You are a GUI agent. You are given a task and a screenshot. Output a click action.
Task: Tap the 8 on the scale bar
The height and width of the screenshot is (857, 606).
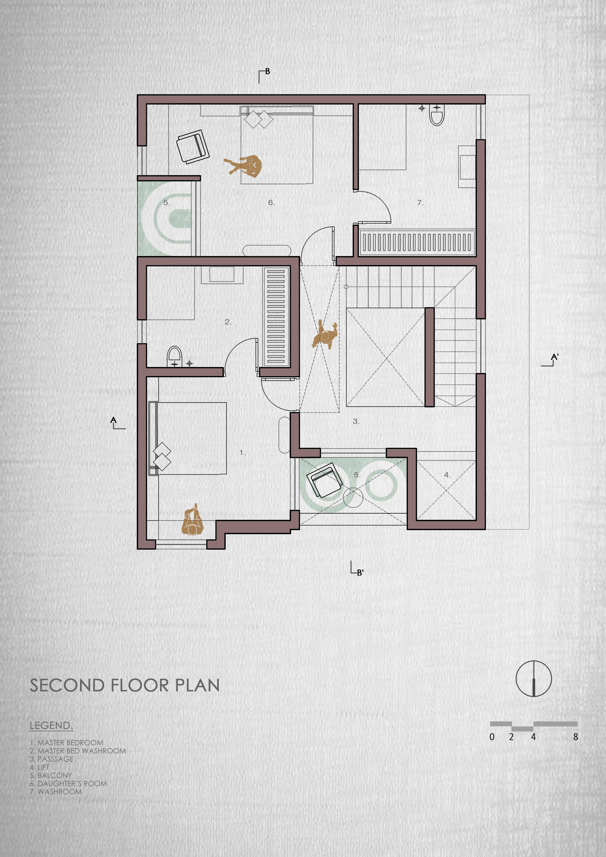click(575, 737)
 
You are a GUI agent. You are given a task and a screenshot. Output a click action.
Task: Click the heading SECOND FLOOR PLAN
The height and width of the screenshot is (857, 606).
click(125, 685)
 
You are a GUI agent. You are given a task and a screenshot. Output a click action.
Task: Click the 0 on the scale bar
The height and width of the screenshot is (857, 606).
click(492, 737)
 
